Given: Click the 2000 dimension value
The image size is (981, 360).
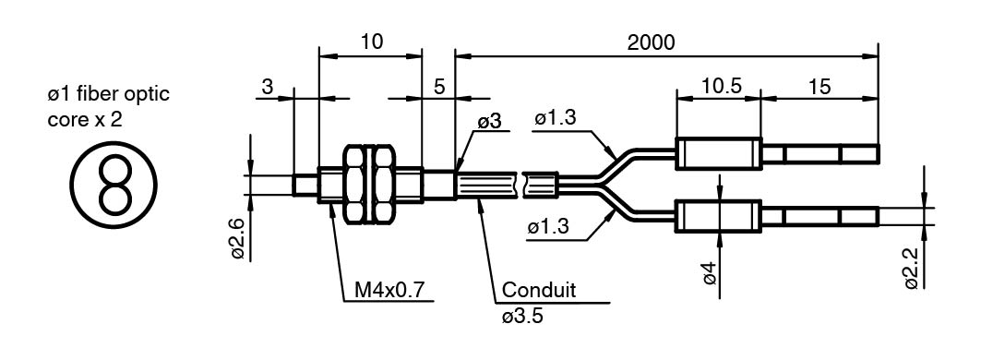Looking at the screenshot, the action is coord(651,42).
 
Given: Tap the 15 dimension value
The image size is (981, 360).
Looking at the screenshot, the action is coord(819,87).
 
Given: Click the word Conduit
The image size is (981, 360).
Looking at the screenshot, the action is coord(539,291).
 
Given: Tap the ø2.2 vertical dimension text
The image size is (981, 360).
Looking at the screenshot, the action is coord(912,268).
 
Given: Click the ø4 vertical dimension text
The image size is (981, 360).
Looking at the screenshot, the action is coord(710,273).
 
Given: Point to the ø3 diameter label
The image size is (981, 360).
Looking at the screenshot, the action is coord(490,122).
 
